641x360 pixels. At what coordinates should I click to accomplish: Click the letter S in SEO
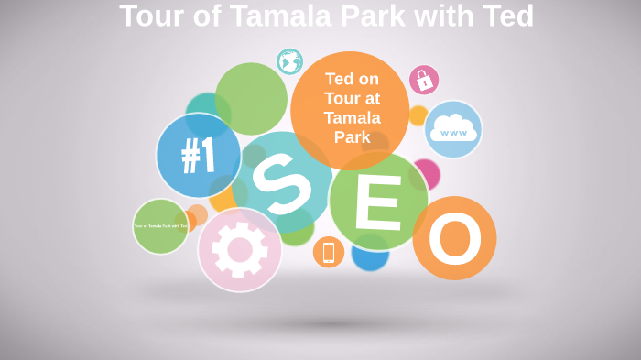click(x=280, y=182)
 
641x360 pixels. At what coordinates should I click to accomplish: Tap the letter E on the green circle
click(x=377, y=202)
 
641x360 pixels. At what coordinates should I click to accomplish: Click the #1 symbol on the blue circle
click(x=198, y=156)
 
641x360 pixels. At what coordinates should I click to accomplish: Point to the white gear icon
click(x=240, y=249)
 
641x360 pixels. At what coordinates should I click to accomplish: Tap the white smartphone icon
click(x=329, y=252)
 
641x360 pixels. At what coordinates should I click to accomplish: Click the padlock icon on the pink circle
click(x=424, y=81)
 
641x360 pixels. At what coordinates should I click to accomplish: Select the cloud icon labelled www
click(x=452, y=129)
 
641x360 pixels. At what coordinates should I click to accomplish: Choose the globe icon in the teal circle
click(x=290, y=62)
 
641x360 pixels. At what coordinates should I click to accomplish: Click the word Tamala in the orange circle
click(x=352, y=118)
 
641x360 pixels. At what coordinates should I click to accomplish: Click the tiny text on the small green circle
click(x=160, y=225)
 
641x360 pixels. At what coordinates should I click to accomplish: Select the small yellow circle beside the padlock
click(x=418, y=115)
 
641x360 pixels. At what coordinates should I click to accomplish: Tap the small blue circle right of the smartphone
click(x=371, y=257)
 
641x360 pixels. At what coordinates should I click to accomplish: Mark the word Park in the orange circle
click(x=352, y=137)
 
